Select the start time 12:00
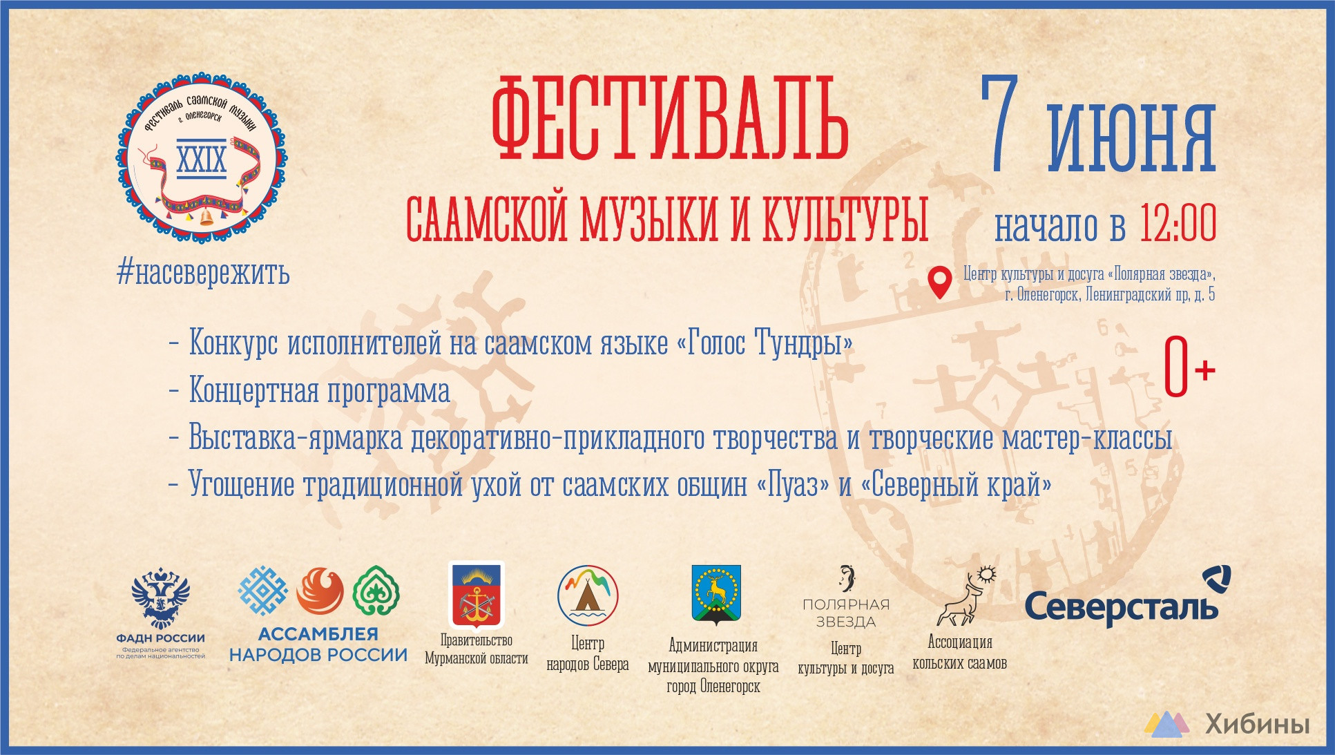pos(1178,223)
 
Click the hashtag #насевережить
pos(203,273)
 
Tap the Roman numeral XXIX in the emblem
pos(202,159)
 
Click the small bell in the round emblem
pos(206,218)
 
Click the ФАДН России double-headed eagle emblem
pos(161,598)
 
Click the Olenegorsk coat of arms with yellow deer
pos(716,595)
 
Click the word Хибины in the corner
pos(1257,724)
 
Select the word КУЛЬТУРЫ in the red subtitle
pos(845,220)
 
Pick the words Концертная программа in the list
pos(319,390)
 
